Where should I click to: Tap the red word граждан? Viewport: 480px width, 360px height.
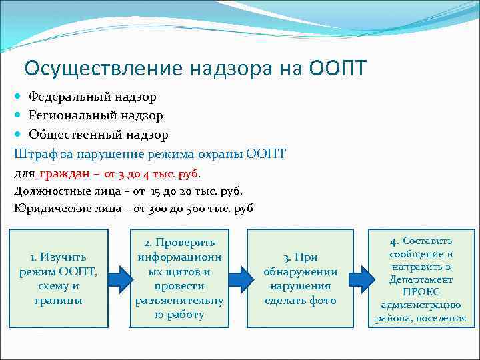(x=64, y=173)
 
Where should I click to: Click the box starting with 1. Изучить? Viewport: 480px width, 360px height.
(x=58, y=278)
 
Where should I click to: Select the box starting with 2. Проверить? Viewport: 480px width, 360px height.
(x=179, y=278)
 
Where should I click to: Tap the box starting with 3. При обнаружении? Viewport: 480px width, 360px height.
(x=300, y=278)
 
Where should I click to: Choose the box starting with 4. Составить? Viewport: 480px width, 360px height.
(x=421, y=278)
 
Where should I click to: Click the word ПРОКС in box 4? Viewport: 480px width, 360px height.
(x=421, y=292)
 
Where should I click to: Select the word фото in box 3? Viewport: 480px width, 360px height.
(x=323, y=300)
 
